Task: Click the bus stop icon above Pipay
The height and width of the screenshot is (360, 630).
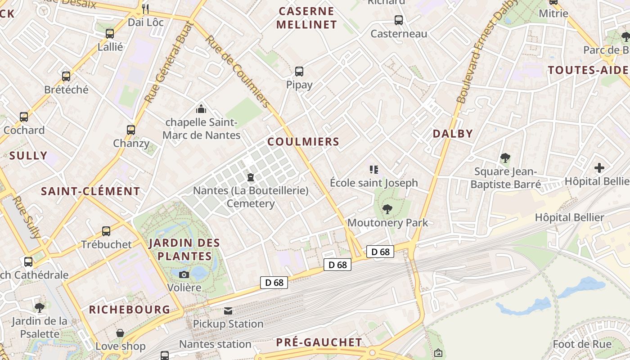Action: click(299, 71)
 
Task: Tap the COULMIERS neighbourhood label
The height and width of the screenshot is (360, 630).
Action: click(303, 142)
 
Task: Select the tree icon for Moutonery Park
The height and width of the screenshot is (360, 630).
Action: click(387, 209)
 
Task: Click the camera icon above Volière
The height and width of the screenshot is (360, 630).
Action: click(184, 274)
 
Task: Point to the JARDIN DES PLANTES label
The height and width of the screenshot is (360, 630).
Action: click(184, 250)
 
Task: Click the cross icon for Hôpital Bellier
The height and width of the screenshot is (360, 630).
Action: click(599, 168)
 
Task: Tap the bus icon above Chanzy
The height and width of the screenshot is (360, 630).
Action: click(131, 130)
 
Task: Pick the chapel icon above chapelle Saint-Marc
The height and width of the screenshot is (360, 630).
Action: click(201, 108)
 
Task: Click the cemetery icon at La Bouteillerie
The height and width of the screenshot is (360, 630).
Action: click(251, 177)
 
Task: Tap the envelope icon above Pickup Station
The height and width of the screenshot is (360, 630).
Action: click(228, 310)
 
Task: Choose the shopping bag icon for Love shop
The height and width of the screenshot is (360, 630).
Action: click(120, 333)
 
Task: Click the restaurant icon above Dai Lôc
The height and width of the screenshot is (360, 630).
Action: click(145, 9)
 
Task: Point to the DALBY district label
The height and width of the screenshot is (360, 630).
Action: click(453, 134)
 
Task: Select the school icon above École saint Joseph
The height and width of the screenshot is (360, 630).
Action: click(373, 170)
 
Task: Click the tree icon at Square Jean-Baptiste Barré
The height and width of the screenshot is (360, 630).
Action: click(505, 158)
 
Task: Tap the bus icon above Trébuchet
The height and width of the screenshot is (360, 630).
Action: click(106, 231)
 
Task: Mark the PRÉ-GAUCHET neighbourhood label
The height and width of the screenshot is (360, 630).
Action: click(319, 342)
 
